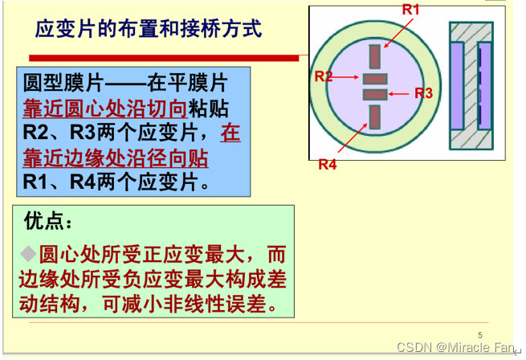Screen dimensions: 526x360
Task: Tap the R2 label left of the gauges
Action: coord(324,76)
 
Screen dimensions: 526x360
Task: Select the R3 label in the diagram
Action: coord(423,92)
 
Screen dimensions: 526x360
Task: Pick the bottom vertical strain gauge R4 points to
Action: coord(374,117)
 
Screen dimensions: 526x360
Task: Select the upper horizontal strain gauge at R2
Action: coord(374,79)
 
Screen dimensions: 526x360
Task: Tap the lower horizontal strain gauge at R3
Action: coord(374,94)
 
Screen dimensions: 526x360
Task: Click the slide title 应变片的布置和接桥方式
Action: coord(149,30)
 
